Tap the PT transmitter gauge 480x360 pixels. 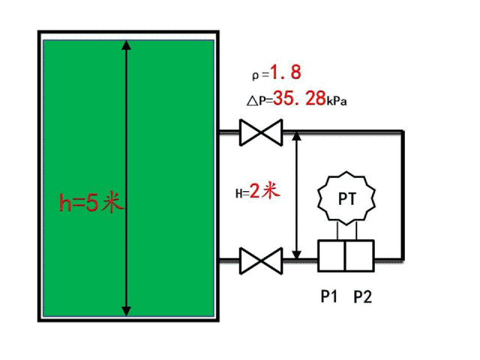[x=346, y=199]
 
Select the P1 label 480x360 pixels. [x=328, y=297]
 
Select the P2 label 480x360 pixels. [x=362, y=297]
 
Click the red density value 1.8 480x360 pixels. [x=286, y=73]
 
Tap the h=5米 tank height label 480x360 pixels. [x=91, y=202]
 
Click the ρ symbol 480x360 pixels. [x=256, y=75]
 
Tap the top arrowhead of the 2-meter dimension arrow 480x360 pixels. [x=297, y=137]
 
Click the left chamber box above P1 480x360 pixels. [x=331, y=256]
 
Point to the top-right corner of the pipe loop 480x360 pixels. [x=403, y=132]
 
